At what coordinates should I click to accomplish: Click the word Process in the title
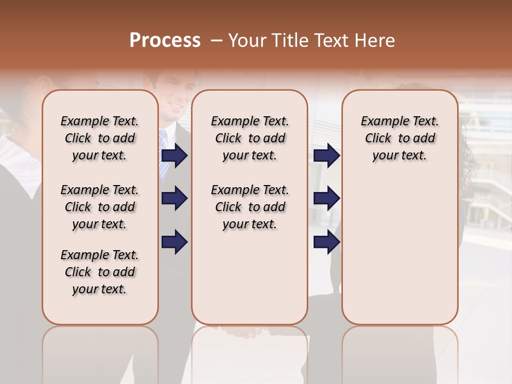[x=165, y=41]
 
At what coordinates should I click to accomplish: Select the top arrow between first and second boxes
[x=174, y=155]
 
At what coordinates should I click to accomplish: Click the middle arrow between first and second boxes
[x=174, y=198]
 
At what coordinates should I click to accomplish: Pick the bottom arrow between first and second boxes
[x=174, y=242]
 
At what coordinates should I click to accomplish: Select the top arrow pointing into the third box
[x=326, y=155]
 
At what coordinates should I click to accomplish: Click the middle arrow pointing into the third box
[x=326, y=198]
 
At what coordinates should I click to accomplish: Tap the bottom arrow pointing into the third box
[x=326, y=242]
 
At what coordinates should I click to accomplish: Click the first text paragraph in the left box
[x=100, y=138]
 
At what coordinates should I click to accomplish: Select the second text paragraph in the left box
[x=100, y=207]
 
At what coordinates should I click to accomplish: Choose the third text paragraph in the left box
[x=100, y=272]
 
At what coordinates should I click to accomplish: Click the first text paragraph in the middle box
[x=250, y=138]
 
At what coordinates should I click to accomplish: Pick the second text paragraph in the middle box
[x=250, y=207]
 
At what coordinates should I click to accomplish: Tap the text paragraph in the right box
[x=399, y=138]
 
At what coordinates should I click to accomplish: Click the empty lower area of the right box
[x=399, y=256]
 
